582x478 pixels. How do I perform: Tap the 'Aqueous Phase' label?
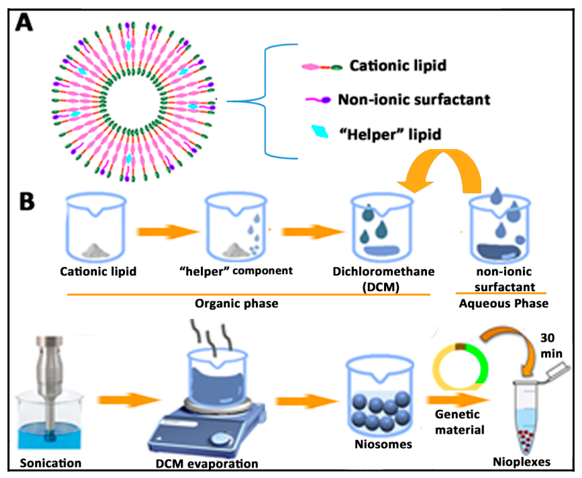click(x=504, y=304)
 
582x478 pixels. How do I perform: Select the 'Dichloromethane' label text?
click(x=383, y=272)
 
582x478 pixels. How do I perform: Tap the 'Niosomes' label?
click(x=383, y=444)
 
